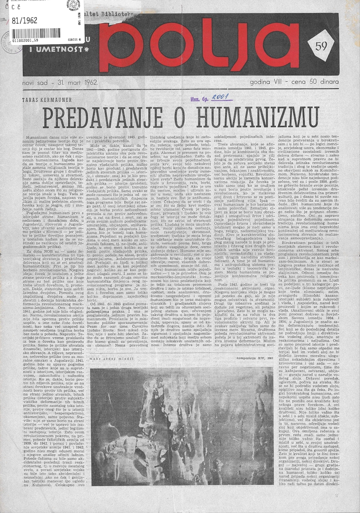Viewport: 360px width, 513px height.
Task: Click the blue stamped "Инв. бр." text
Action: click(198, 100)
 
